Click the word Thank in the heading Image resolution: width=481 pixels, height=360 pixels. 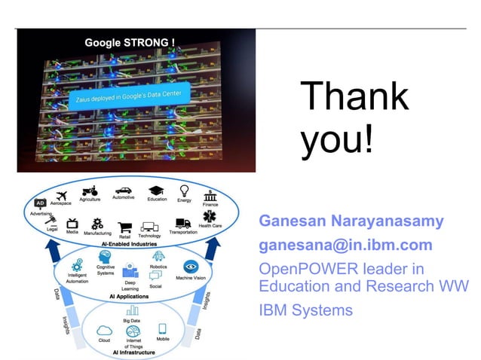pyautogui.click(x=354, y=98)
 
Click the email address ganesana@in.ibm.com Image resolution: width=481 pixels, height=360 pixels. pyautogui.click(x=345, y=246)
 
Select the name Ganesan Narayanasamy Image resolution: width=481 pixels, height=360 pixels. pyautogui.click(x=351, y=222)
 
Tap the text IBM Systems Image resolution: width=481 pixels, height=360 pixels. pyautogui.click(x=305, y=310)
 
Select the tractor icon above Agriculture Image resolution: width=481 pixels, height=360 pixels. pyautogui.click(x=90, y=191)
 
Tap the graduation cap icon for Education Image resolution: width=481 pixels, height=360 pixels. pyautogui.click(x=156, y=191)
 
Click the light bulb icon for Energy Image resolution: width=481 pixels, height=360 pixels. pyautogui.click(x=183, y=191)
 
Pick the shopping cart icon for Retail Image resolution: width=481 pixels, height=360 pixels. pyautogui.click(x=124, y=226)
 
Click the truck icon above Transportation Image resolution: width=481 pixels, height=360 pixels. pyautogui.click(x=182, y=223)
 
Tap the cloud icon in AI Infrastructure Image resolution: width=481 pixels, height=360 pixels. pyautogui.click(x=105, y=329)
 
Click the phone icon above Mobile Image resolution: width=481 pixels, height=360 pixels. pyautogui.click(x=162, y=328)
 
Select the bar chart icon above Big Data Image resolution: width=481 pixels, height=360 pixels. pyautogui.click(x=133, y=310)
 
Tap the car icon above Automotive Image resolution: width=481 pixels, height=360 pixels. pyautogui.click(x=122, y=189)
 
